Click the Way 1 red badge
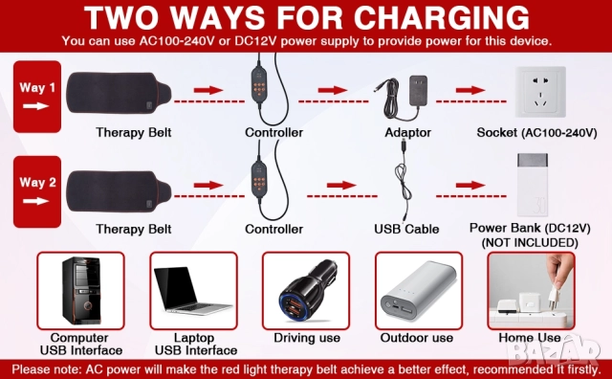(37, 97)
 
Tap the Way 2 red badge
(37, 191)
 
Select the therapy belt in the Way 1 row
(119, 93)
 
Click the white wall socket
(540, 92)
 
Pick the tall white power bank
(533, 185)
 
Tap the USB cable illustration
(404, 180)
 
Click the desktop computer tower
(81, 290)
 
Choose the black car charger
(308, 292)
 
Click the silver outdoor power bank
(418, 290)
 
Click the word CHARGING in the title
(442, 18)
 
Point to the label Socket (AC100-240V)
(536, 133)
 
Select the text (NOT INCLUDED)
(530, 243)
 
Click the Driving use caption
(307, 338)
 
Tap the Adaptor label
(408, 133)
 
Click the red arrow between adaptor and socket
(470, 90)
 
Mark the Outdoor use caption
(417, 338)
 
